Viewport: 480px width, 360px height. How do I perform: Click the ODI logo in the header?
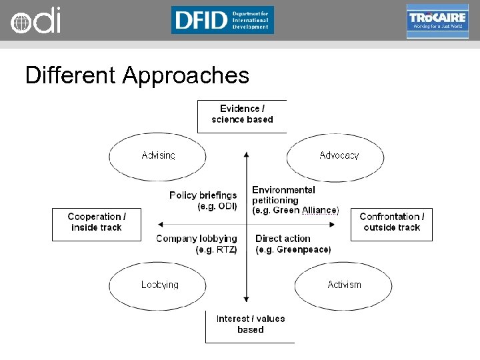35,21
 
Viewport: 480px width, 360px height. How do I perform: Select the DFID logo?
222,20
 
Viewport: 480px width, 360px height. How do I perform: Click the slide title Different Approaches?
137,75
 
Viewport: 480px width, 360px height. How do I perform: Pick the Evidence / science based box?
242,115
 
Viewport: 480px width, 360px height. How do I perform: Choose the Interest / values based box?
250,325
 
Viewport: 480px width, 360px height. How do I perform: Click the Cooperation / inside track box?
97,222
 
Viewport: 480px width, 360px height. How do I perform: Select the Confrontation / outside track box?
391,222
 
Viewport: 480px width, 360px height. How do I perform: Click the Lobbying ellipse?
160,285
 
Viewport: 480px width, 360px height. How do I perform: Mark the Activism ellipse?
344,285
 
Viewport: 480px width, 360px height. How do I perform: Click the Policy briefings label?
203,201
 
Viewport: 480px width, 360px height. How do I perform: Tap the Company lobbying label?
197,244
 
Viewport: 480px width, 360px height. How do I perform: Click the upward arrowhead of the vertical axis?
246,154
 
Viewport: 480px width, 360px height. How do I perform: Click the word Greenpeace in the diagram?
305,250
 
